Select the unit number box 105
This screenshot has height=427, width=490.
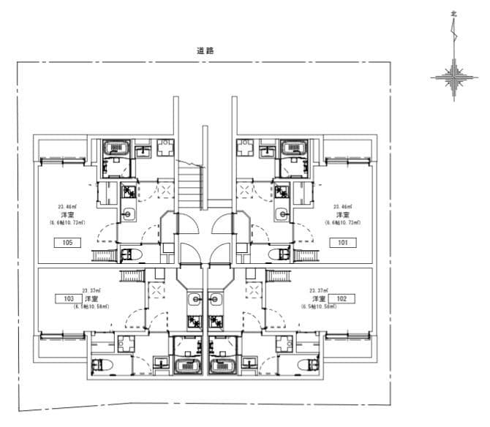[x=67, y=242]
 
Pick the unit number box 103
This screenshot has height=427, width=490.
[x=67, y=298]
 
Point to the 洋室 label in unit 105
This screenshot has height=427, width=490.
[x=67, y=215]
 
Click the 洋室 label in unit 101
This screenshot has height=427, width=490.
[x=342, y=215]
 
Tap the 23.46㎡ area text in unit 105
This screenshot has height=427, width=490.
[x=67, y=207]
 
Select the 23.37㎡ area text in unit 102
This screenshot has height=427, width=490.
[x=319, y=290]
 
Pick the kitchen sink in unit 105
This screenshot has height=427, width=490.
[x=129, y=214]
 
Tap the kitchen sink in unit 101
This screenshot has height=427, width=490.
[x=281, y=214]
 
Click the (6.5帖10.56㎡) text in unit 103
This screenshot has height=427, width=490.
[x=91, y=306]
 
